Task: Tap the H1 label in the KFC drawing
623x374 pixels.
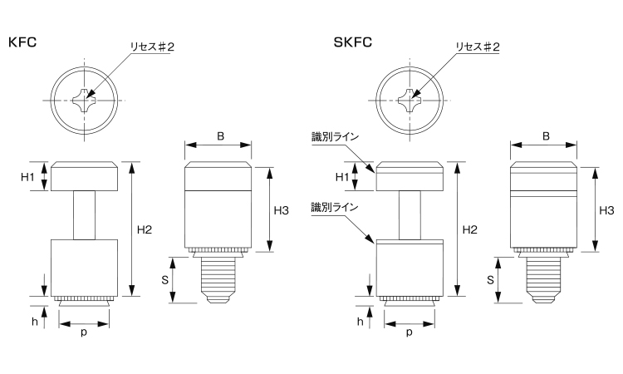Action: tap(27, 176)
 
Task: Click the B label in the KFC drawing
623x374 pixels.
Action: tap(219, 135)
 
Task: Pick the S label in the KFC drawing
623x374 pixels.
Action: tap(164, 279)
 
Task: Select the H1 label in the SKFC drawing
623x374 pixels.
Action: tap(341, 177)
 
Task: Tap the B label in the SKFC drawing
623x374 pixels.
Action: tap(545, 135)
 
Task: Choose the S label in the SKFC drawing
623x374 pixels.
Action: tap(490, 279)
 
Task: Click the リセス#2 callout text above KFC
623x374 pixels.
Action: tap(151, 47)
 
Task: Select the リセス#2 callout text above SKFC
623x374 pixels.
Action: tap(477, 47)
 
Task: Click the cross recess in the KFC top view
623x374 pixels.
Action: tap(86, 102)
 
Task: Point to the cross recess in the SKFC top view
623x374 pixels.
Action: tap(411, 102)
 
